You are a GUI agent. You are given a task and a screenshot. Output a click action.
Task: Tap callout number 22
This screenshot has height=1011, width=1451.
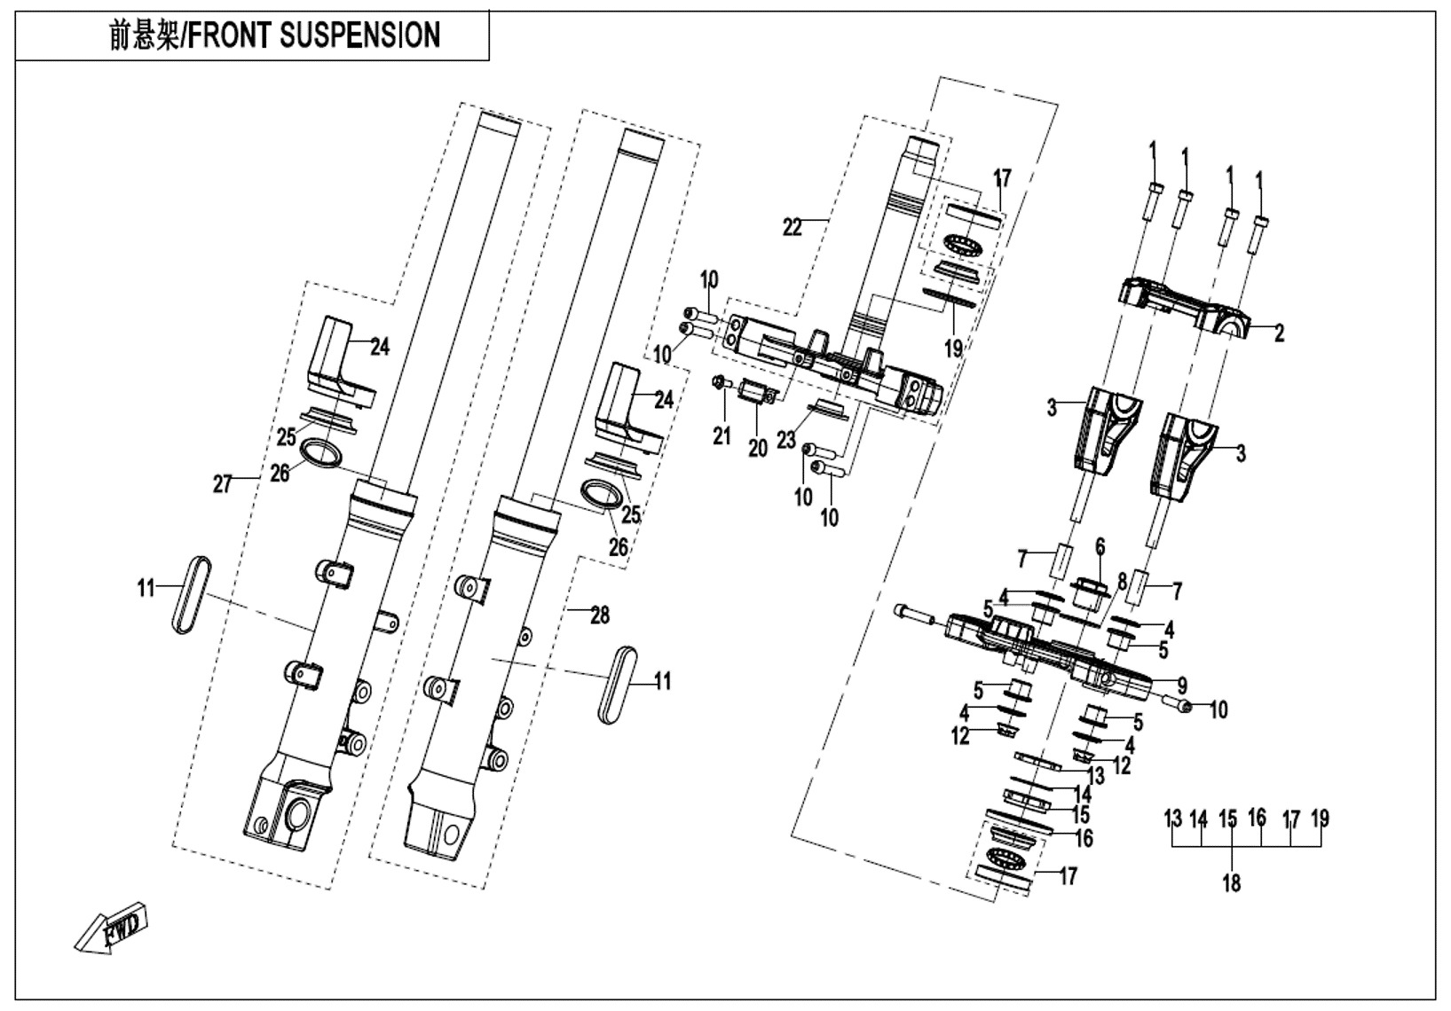coord(792,228)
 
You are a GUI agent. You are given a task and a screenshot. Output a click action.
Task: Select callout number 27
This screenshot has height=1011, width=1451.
coord(222,483)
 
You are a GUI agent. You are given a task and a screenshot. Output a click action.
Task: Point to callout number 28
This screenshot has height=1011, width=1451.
coord(600,615)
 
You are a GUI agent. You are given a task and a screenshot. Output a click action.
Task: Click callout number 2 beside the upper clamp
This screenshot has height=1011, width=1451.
coord(1279,334)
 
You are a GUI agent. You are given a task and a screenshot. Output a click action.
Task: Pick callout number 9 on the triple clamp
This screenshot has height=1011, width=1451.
coord(1182,686)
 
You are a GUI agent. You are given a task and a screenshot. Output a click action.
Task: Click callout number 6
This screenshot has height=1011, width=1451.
coord(1100,548)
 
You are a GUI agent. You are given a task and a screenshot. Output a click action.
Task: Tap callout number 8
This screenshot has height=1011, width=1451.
coord(1122,582)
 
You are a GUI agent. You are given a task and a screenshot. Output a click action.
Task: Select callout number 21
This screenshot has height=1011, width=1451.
coord(722,435)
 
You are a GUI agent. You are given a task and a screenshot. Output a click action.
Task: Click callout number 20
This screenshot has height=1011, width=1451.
coord(757,449)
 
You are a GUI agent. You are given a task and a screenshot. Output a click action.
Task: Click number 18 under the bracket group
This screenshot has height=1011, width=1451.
coord(1231,882)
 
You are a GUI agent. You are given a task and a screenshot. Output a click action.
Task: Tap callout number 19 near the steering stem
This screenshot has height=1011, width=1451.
coord(953,349)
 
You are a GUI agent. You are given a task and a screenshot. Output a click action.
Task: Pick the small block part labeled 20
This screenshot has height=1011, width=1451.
coord(755,393)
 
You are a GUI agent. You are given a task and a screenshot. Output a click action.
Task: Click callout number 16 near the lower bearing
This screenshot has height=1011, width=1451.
coord(1084,838)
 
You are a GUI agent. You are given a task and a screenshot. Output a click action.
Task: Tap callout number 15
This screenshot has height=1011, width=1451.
coord(1080,814)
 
